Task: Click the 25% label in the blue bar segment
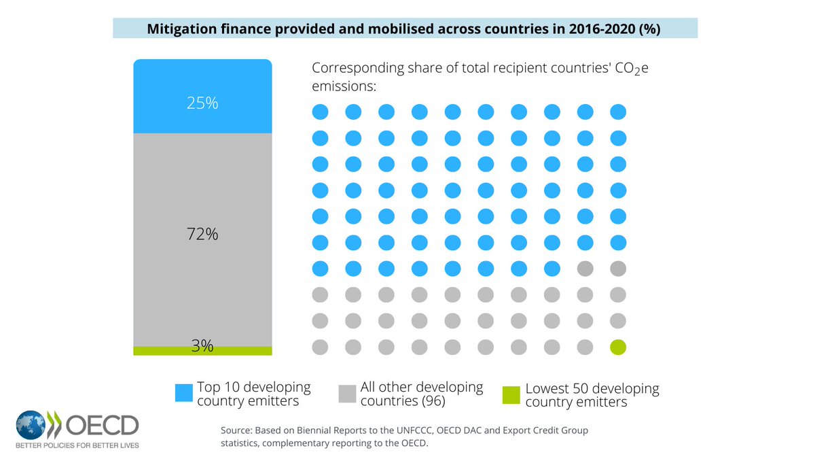click(202, 103)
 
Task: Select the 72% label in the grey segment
click(202, 235)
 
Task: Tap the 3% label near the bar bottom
click(202, 345)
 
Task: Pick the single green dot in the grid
click(618, 347)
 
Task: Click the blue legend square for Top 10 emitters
click(184, 392)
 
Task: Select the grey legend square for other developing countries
click(347, 392)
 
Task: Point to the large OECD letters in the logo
click(102, 426)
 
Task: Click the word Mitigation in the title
click(179, 29)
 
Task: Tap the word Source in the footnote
click(236, 431)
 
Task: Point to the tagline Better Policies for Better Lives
click(77, 446)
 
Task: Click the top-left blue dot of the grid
click(319, 112)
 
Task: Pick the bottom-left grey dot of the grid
click(319, 347)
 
